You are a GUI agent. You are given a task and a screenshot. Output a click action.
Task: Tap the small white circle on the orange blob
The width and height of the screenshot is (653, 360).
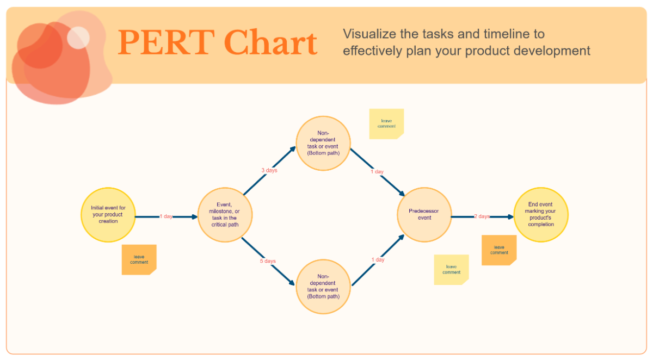point(78,37)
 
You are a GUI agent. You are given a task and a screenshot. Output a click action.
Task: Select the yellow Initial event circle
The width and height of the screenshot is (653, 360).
point(108,215)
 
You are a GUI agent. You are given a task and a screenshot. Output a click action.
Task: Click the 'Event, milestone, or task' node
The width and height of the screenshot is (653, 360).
point(225,215)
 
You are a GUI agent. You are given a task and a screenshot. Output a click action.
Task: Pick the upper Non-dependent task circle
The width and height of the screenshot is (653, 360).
point(323,143)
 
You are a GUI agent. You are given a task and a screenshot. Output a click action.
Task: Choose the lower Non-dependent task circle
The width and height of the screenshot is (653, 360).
point(323,287)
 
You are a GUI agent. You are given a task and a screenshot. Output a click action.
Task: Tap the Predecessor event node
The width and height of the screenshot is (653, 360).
point(424,215)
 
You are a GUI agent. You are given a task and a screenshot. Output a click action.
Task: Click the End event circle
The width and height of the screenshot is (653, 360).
point(540,215)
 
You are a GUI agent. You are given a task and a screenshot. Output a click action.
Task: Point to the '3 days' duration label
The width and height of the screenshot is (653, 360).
point(269,171)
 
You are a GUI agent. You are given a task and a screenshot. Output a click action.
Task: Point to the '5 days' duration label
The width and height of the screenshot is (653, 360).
point(267,261)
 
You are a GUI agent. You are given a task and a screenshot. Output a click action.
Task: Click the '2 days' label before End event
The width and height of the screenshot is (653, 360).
point(482,216)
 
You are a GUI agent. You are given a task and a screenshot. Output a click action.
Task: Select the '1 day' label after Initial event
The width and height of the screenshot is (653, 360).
point(166,216)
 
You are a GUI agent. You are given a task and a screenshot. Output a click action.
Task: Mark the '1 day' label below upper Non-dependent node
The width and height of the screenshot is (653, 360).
point(377,172)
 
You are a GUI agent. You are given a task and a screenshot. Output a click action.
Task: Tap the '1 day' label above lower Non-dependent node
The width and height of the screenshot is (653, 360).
point(378,260)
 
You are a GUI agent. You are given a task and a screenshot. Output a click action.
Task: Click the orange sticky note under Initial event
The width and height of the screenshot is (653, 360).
point(139,259)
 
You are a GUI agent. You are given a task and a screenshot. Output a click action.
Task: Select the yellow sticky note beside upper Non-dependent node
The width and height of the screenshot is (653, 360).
point(386,123)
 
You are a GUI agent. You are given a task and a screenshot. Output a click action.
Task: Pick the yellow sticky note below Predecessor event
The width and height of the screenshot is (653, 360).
point(451,269)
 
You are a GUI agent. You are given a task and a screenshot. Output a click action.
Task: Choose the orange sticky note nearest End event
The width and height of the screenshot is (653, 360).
point(499,250)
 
